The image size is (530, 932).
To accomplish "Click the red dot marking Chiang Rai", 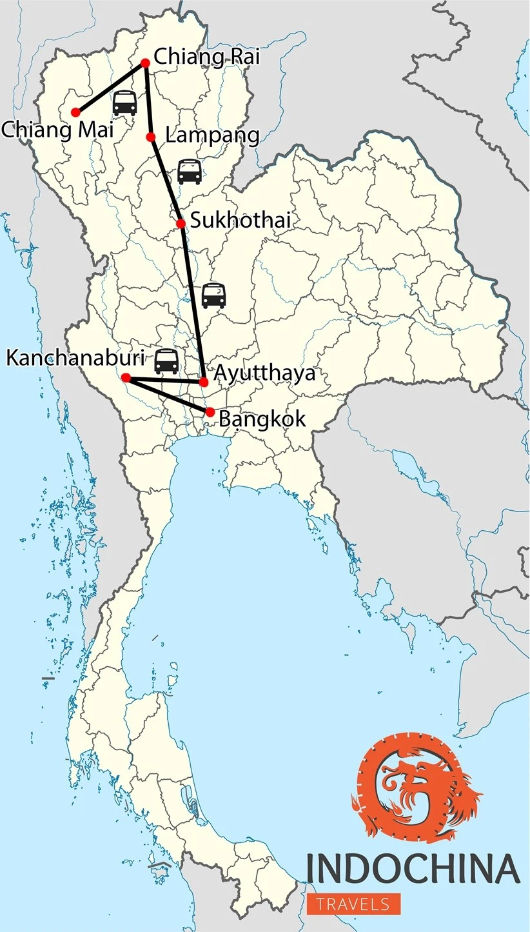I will [145, 63].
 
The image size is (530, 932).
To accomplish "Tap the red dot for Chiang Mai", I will [75, 112].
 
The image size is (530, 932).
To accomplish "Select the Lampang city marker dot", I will [151, 137].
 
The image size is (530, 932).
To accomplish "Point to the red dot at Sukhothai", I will [181, 223].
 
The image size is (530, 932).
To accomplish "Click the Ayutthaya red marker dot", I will [204, 382].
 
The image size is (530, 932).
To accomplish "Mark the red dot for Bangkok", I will [210, 411].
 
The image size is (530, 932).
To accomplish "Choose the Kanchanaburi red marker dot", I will [126, 377].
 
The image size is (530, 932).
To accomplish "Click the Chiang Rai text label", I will [206, 57].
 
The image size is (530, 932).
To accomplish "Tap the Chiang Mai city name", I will [57, 129].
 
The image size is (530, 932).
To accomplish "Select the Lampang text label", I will [212, 135].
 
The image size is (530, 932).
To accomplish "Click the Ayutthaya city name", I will [264, 373].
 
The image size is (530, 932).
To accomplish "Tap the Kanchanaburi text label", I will [75, 357].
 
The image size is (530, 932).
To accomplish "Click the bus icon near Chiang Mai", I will [124, 103].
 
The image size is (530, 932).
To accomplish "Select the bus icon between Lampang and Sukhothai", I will [189, 172].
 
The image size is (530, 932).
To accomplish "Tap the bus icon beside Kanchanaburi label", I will [166, 361].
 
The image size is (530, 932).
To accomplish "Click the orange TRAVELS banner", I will [353, 904].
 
